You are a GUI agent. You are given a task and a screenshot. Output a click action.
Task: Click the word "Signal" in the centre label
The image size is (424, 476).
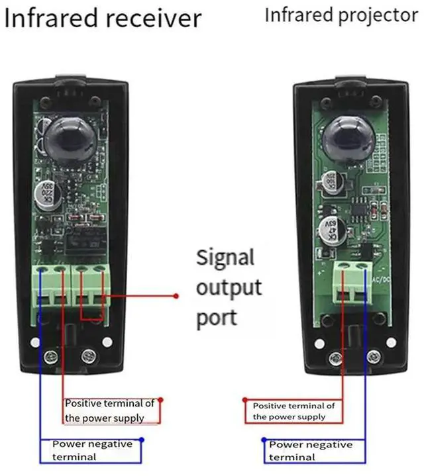[225, 257]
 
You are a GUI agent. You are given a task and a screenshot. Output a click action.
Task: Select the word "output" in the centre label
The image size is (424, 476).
[229, 288]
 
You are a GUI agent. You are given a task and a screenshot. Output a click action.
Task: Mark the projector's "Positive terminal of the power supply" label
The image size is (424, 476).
[293, 410]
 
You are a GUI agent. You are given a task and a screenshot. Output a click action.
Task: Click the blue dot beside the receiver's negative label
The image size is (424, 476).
[141, 439]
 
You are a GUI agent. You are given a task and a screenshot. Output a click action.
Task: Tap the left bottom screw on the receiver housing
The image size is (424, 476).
[49, 357]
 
